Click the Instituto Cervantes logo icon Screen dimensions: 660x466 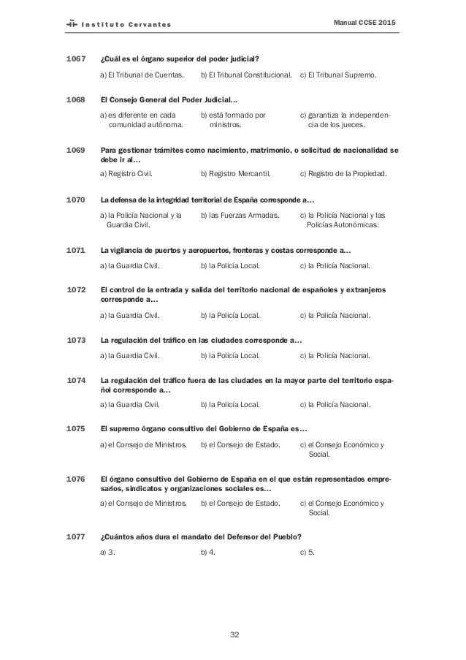(72, 25)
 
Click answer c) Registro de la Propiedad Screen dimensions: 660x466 (343, 174)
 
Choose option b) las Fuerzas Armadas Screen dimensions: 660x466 (239, 216)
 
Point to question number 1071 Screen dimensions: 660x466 (77, 249)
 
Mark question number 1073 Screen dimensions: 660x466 (77, 340)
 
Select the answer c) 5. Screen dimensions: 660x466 (307, 553)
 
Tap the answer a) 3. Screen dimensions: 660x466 (107, 553)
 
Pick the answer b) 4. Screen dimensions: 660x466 (207, 553)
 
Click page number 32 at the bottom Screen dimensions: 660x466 (234, 634)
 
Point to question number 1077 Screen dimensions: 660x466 (77, 536)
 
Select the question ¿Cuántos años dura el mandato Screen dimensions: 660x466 (201, 536)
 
